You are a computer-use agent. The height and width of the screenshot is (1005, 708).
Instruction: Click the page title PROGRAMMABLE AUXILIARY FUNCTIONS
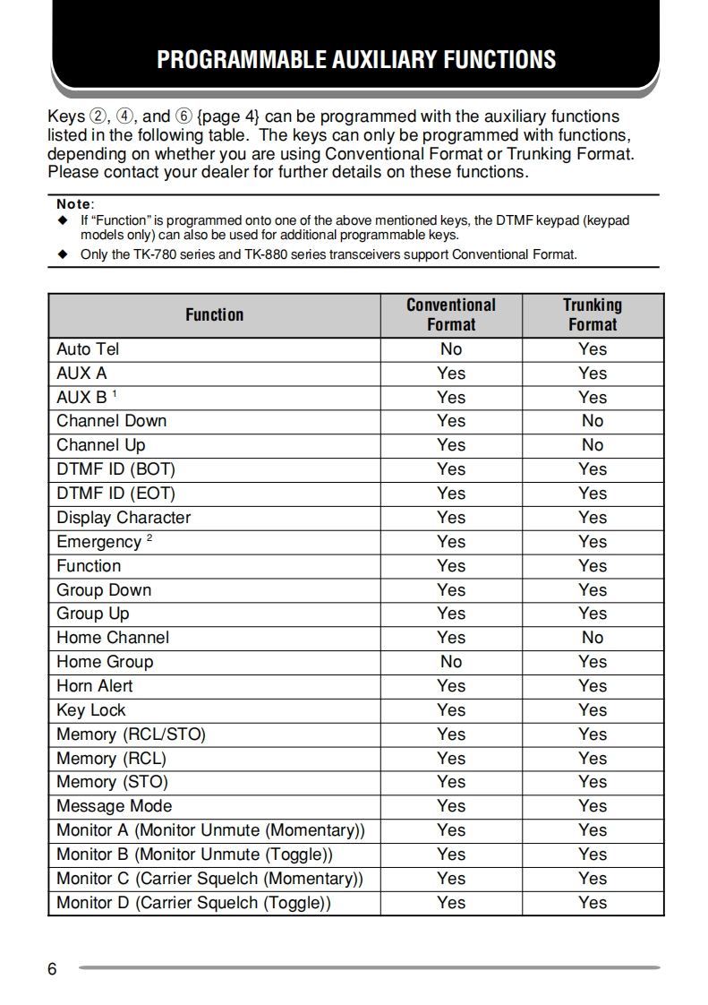356,60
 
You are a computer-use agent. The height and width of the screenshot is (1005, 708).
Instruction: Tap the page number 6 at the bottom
52,969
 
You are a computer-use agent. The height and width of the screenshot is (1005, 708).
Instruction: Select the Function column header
214,314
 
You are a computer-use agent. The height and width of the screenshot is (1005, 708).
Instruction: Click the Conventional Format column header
451,314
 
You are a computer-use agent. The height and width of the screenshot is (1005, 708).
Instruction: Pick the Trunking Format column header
593,314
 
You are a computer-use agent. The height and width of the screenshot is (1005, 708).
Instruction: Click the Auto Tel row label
88,349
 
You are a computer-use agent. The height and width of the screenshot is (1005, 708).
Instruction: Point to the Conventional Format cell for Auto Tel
451,349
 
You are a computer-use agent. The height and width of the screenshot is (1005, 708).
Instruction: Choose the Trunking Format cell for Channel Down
593,421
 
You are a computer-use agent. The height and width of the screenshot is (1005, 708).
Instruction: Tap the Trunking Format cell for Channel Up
593,445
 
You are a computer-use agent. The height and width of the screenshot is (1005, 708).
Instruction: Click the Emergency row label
98,542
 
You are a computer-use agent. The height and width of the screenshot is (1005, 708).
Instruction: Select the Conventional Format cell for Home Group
451,662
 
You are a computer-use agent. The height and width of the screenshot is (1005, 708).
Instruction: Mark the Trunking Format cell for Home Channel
593,638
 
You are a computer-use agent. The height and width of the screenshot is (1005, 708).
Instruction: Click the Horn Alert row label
94,686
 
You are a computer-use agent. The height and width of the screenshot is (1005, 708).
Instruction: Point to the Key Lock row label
90,710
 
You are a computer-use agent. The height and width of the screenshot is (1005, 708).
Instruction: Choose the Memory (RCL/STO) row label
131,734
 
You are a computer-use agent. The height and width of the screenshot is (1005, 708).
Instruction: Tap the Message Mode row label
114,806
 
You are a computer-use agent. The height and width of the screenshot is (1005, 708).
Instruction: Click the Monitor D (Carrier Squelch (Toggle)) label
193,903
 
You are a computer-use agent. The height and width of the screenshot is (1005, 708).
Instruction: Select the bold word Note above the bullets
73,204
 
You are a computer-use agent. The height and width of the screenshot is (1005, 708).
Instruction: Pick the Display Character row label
124,518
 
